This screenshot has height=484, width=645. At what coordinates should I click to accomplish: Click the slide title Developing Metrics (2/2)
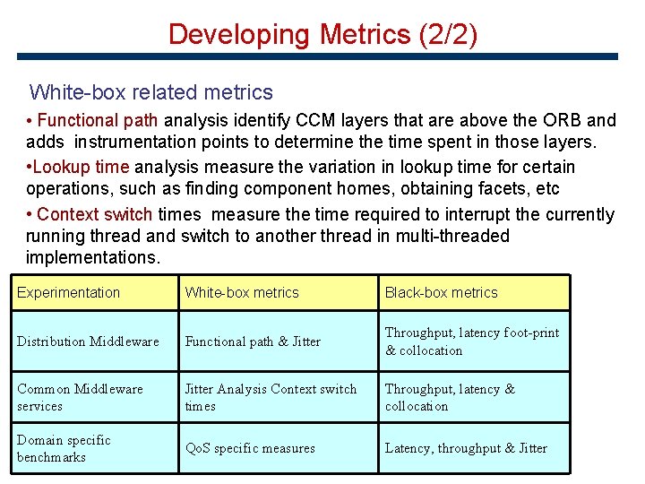[322, 34]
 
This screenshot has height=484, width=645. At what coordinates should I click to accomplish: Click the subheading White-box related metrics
[150, 92]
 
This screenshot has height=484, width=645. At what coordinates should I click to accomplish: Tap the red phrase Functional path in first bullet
[98, 120]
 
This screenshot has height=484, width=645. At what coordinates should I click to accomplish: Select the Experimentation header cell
[68, 292]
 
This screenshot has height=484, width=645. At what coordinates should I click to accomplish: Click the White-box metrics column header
[242, 292]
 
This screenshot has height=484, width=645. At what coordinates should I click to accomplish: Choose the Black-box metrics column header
[441, 292]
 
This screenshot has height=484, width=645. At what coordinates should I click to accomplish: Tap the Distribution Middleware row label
[88, 341]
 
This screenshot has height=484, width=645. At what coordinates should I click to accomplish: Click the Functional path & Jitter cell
[253, 341]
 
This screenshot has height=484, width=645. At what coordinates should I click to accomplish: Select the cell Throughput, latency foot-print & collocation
[471, 341]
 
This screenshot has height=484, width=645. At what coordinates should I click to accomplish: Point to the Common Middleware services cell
[80, 397]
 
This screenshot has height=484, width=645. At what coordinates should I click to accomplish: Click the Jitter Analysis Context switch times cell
[270, 397]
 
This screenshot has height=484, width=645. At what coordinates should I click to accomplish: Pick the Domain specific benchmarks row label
[64, 448]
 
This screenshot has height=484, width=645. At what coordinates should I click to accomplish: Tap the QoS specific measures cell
[250, 448]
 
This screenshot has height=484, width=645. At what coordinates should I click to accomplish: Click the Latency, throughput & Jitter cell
[466, 448]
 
